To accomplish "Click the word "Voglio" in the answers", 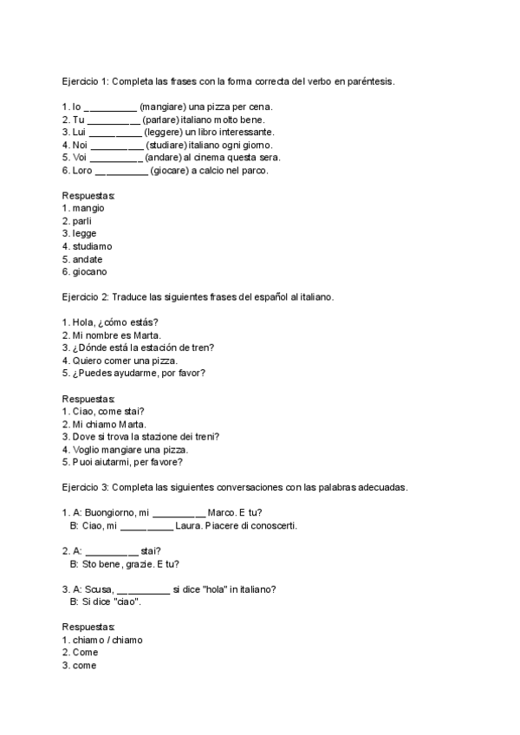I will coord(87,450).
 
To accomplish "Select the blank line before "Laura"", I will coord(146,526).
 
